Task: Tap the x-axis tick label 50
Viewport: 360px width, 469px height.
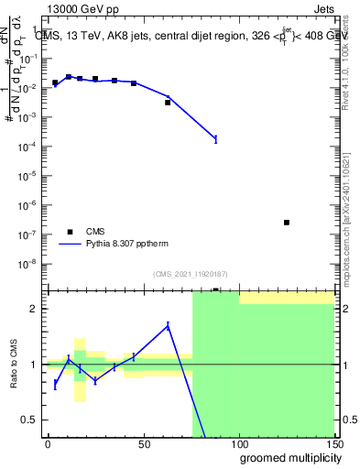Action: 143,443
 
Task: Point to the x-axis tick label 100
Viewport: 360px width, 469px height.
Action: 238,443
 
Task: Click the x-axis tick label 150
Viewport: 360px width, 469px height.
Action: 333,443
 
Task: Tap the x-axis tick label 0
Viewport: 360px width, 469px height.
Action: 48,443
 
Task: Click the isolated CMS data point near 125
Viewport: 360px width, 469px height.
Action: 287,223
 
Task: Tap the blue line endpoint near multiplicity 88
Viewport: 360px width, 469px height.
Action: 215,139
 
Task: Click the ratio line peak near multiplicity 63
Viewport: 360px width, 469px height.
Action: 168,325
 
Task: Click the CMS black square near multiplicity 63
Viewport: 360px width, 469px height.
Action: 168,103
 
